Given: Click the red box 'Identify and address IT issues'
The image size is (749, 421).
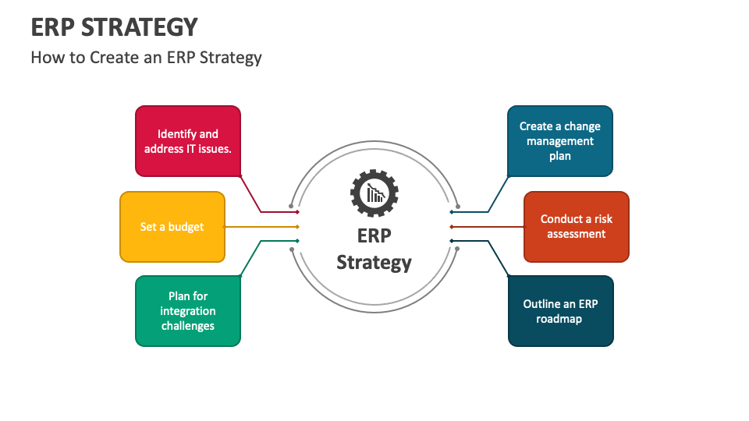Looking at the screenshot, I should (x=188, y=141).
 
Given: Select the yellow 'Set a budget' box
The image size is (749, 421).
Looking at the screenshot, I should (x=172, y=227).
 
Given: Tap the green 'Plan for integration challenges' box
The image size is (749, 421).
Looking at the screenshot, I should (x=188, y=311).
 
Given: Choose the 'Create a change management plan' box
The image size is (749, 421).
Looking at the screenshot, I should (x=559, y=141).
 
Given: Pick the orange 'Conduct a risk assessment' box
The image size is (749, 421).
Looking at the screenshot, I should (x=576, y=227).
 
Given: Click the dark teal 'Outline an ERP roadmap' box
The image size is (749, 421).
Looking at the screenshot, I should (x=560, y=311).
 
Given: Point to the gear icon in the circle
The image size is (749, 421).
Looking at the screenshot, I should (x=374, y=192).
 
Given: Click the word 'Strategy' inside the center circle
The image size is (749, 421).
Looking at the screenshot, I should (x=374, y=263).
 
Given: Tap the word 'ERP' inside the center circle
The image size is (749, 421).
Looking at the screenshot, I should (x=374, y=236).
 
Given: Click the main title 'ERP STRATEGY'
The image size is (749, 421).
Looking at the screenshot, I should (x=114, y=27).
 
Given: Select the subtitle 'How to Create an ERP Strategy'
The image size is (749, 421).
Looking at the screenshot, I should (x=146, y=58).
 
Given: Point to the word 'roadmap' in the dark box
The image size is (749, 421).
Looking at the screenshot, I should (x=559, y=319).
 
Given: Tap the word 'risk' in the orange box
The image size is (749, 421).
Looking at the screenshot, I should (x=598, y=219).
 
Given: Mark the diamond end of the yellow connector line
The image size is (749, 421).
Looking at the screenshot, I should (x=297, y=227).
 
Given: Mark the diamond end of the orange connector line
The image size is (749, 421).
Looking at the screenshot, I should (x=452, y=227).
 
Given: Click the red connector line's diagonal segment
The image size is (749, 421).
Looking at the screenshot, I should (x=250, y=193).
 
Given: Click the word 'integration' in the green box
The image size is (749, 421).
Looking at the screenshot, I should (x=188, y=311).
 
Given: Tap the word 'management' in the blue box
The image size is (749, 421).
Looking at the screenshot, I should (x=559, y=141).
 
